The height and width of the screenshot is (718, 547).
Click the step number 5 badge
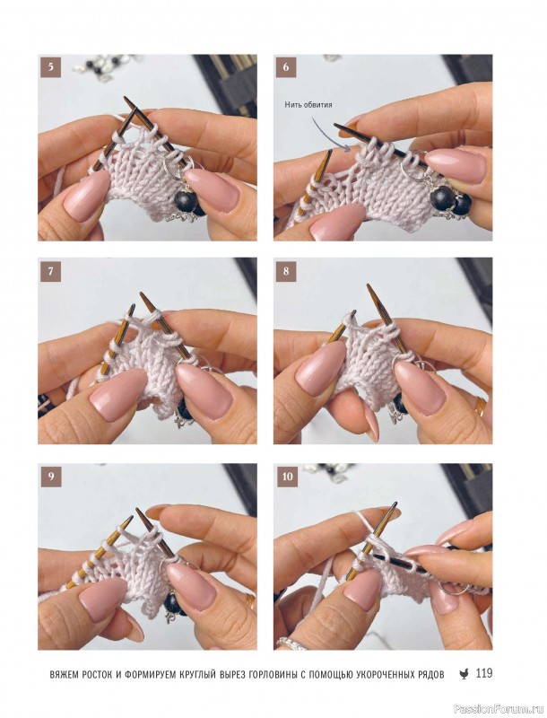click(x=50, y=66)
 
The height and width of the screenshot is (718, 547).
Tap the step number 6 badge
click(x=286, y=66)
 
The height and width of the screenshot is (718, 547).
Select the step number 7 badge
click(x=50, y=271)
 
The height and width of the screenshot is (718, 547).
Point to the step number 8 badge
click(x=286, y=271)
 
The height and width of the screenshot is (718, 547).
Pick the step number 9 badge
click(x=50, y=477)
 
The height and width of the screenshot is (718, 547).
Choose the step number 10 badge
click(x=287, y=477)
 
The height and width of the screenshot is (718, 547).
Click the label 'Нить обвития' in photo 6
click(x=308, y=105)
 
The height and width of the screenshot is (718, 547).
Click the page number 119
click(x=484, y=673)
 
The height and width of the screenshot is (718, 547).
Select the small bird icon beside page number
click(x=464, y=674)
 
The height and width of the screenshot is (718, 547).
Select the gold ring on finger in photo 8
click(x=481, y=407)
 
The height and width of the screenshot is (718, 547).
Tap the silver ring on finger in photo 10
click(x=291, y=644)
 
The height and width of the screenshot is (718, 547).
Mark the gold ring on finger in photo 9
click(x=250, y=601)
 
